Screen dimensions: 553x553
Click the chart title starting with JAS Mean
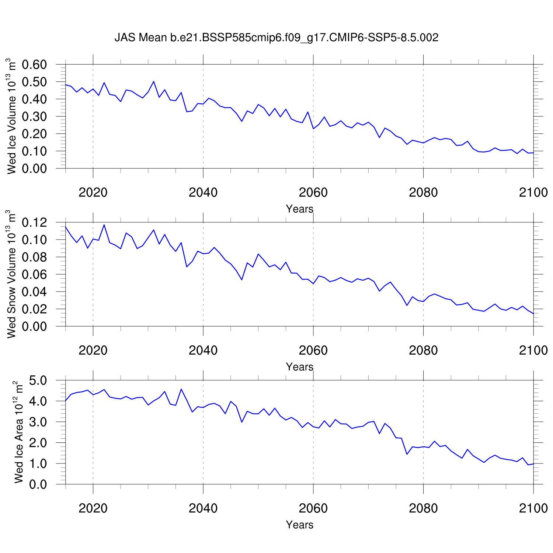(276, 38)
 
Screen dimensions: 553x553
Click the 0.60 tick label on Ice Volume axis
(35, 65)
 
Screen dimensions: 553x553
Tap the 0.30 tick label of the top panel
(35, 116)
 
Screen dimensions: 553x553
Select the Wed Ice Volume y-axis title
(12, 116)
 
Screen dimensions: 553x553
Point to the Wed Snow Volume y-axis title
(12, 274)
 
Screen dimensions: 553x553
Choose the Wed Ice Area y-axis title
(18, 432)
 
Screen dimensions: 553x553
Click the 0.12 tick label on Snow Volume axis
(35, 223)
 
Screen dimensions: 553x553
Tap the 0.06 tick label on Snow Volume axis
(35, 275)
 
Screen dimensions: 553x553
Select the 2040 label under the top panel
(203, 192)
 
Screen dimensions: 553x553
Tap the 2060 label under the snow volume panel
(313, 350)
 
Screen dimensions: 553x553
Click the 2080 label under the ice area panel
(423, 508)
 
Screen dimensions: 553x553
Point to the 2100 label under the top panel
(533, 192)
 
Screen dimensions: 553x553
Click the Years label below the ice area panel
(299, 525)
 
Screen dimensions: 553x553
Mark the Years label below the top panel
(299, 209)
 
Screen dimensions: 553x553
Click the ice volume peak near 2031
(154, 81)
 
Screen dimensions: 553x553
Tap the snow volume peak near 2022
(104, 225)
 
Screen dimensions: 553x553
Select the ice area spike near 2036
(181, 389)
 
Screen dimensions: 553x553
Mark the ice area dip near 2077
(407, 454)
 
